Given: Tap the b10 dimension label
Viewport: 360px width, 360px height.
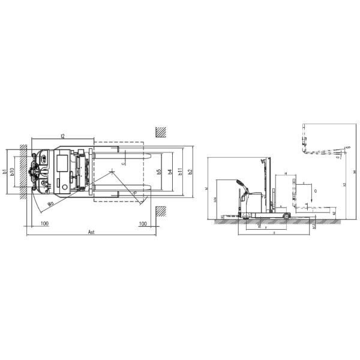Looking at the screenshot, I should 13,175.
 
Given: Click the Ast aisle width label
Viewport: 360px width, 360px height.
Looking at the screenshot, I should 91,231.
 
